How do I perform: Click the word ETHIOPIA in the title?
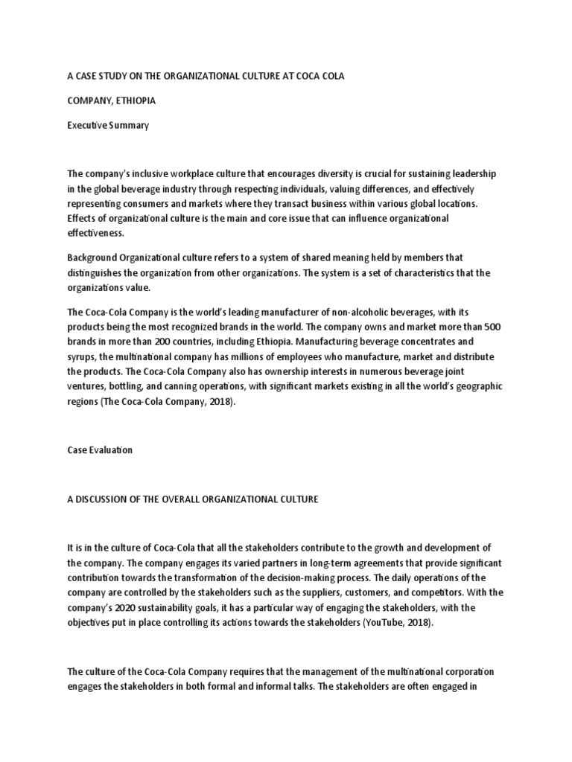(134, 100)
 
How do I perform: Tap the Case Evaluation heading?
(101, 451)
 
